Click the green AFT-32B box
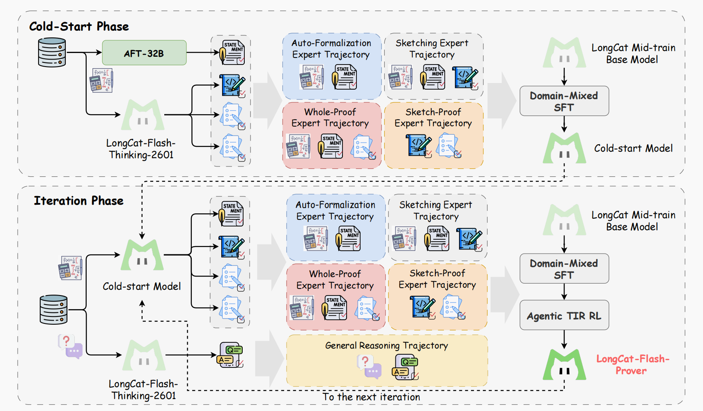click(144, 53)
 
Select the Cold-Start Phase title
click(79, 27)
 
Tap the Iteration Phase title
click(78, 201)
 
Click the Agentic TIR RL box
click(564, 315)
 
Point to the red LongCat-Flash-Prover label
click(632, 365)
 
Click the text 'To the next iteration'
click(371, 397)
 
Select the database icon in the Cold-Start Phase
click(52, 52)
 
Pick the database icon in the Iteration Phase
click(53, 309)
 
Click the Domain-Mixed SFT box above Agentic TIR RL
click(564, 269)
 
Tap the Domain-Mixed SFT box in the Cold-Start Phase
click(564, 101)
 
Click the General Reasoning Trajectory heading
click(386, 346)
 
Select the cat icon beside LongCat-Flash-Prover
click(564, 365)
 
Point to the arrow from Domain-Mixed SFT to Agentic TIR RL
click(564, 291)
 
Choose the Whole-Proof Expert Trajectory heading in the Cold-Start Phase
click(330, 118)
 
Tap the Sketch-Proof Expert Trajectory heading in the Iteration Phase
click(437, 279)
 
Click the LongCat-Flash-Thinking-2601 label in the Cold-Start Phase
click(141, 149)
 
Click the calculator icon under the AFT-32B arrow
click(101, 80)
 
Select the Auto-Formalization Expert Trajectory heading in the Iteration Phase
click(335, 210)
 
